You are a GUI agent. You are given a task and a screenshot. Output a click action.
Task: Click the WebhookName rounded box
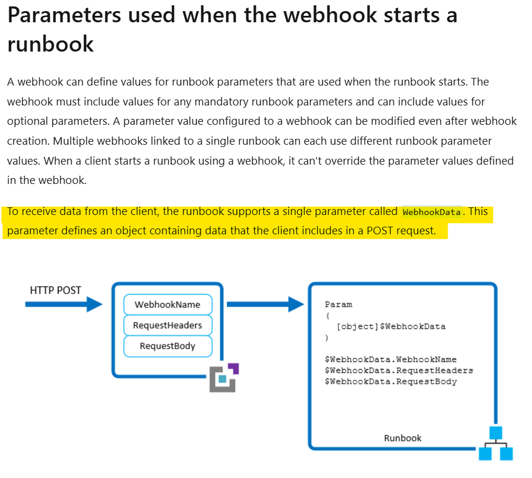167,304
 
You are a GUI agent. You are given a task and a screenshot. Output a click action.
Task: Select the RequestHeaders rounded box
167,325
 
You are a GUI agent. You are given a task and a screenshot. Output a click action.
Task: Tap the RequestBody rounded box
167,346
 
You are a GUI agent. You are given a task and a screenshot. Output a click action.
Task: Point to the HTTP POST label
56,290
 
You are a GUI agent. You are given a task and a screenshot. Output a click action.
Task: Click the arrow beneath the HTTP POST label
63,304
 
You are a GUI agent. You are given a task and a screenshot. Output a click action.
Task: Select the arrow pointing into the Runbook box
265,304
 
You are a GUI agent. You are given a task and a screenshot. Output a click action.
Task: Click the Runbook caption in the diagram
402,438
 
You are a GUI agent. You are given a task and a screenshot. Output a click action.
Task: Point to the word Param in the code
338,305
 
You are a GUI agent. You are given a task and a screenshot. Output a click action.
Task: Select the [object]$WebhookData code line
391,326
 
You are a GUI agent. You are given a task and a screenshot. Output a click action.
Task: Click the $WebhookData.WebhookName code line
391,359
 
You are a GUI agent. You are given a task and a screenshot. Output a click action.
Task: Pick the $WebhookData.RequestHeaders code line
399,370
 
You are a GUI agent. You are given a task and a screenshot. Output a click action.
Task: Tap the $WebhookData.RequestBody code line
391,381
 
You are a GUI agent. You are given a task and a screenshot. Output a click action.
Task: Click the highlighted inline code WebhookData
432,212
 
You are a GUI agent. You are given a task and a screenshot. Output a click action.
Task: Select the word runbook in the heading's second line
50,45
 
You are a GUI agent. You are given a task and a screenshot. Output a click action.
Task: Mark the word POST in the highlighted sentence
380,230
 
